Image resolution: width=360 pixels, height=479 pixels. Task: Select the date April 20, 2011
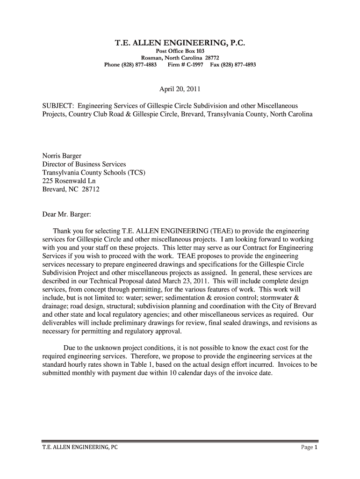tap(180, 89)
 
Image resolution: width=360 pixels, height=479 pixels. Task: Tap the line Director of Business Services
tap(84, 165)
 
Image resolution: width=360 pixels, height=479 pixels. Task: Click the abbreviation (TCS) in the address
tap(136, 173)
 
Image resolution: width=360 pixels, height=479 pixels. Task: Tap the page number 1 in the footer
tap(316, 448)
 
